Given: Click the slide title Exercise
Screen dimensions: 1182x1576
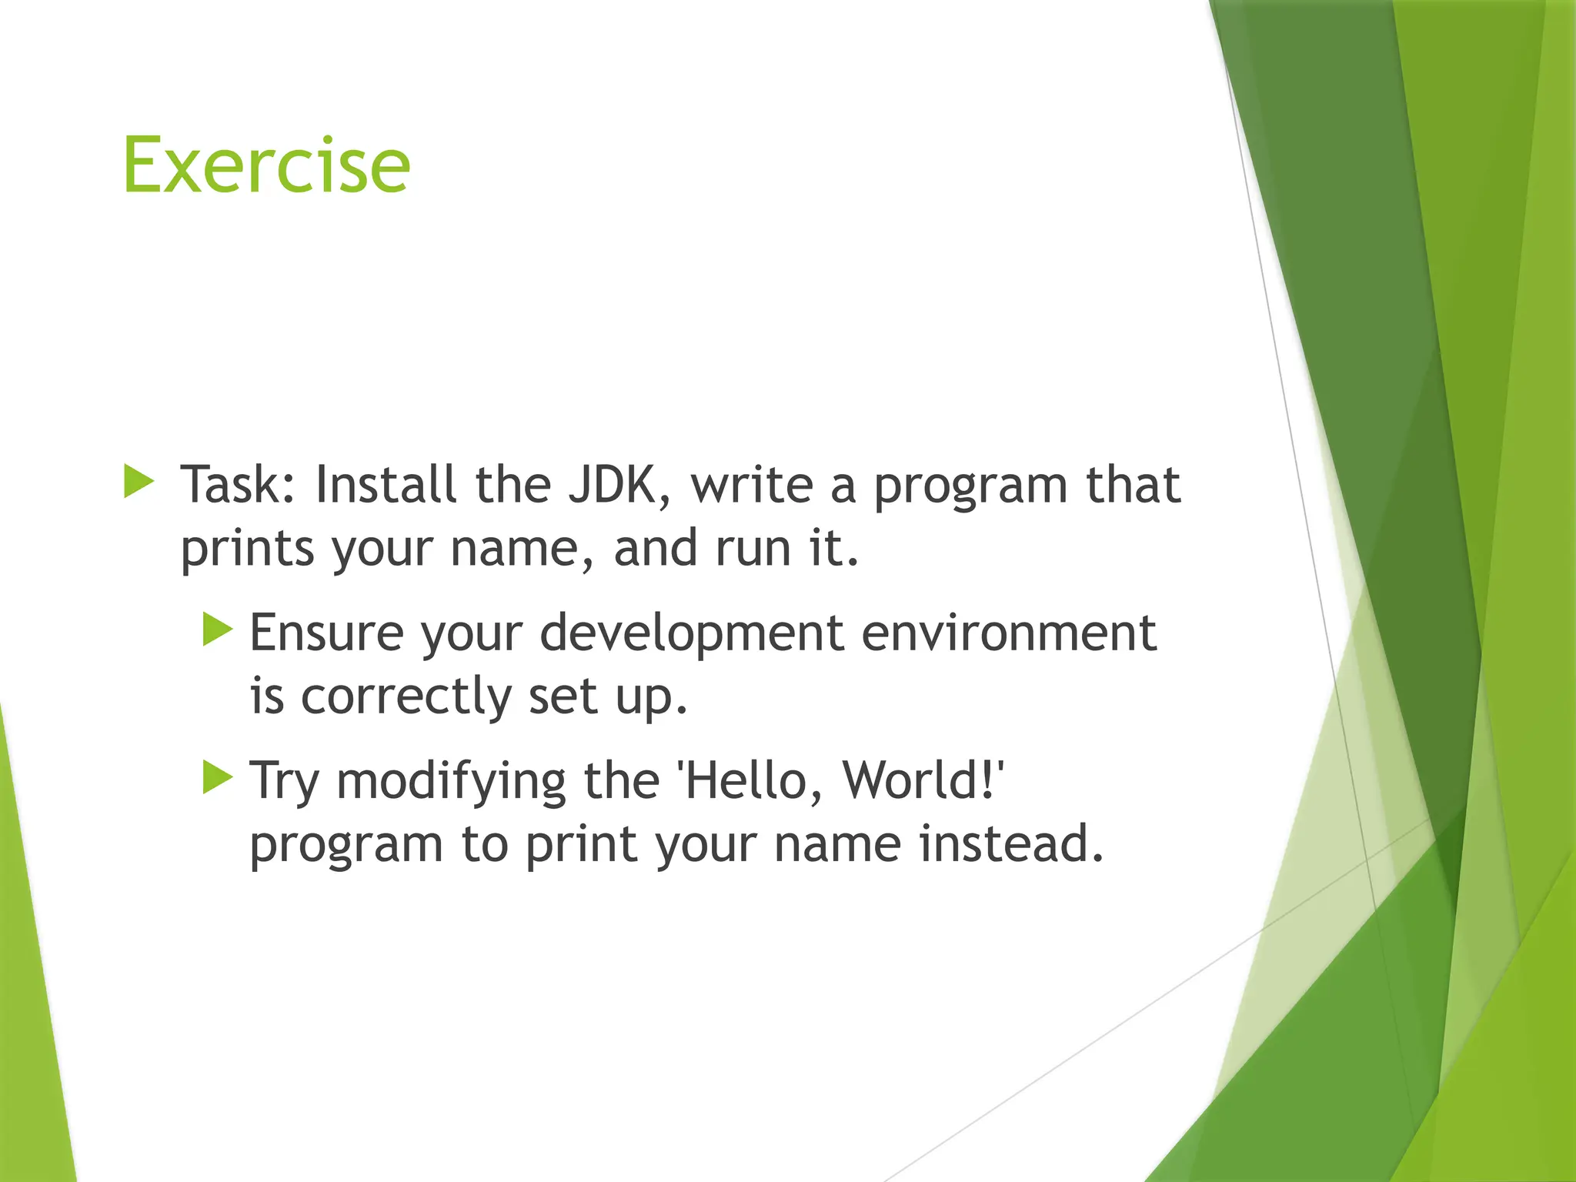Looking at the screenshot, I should coord(266,165).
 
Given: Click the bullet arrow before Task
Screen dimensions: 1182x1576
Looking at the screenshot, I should coord(139,482).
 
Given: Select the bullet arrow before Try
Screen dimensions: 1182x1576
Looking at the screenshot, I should coord(218,777).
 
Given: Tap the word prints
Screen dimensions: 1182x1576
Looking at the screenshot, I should coord(247,549).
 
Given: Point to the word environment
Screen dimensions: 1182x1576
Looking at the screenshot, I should coord(1008,633).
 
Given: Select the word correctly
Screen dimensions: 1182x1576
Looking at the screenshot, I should coord(406,697).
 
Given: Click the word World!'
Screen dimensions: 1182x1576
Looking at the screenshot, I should coord(923,780).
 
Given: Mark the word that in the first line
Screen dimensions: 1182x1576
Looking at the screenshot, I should coord(1132,485).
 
